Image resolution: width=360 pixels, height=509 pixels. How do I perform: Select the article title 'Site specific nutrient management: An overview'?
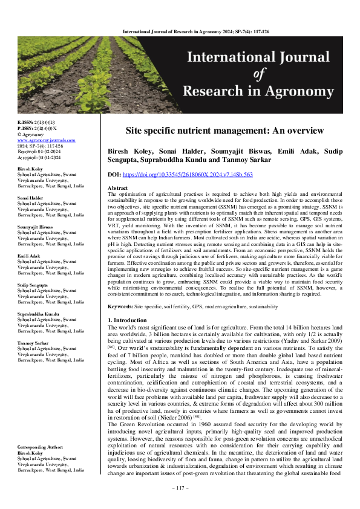[x=224, y=131]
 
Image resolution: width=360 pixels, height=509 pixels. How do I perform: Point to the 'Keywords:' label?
[x=120, y=306]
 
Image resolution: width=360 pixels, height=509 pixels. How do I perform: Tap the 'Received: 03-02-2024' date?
[x=39, y=151]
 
